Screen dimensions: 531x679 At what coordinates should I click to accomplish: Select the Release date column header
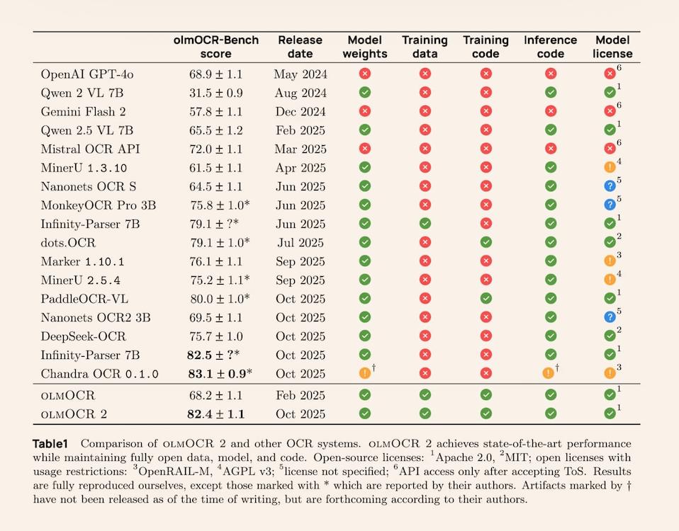click(x=300, y=47)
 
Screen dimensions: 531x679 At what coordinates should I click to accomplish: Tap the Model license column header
click(x=614, y=47)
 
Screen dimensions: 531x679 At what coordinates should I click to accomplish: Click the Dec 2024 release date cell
click(x=300, y=111)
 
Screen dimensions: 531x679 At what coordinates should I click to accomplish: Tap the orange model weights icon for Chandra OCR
click(x=365, y=374)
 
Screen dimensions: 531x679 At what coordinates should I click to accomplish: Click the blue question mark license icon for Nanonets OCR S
click(x=610, y=186)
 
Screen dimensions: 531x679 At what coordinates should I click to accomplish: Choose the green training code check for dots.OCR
click(x=486, y=242)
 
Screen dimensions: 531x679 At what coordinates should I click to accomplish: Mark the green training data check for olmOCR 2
click(x=425, y=413)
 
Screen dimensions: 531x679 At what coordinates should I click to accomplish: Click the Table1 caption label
click(x=50, y=444)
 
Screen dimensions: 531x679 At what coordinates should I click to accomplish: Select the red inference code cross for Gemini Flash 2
click(x=551, y=111)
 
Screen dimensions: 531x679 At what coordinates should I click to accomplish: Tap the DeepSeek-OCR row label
click(x=82, y=336)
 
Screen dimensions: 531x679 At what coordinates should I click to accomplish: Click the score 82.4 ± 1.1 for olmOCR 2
click(x=215, y=413)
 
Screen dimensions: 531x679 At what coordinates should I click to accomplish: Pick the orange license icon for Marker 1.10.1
click(x=610, y=261)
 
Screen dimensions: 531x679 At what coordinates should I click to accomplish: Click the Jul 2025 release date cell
click(x=300, y=242)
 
